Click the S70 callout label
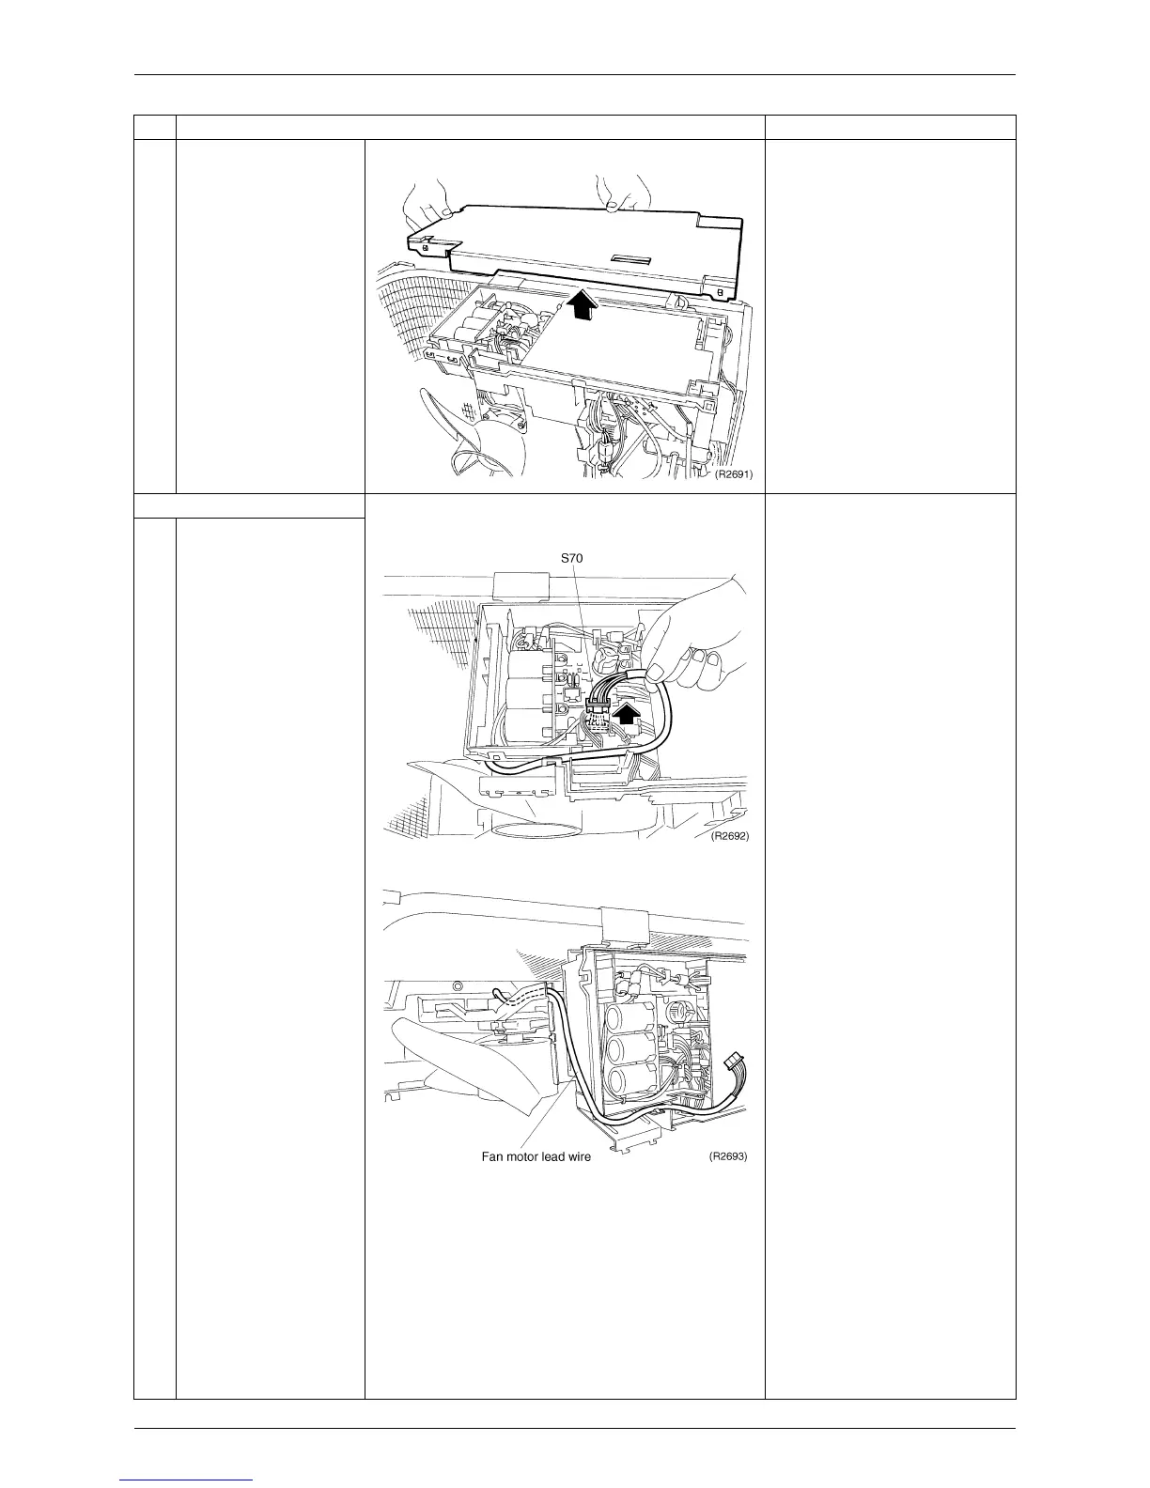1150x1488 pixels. [x=572, y=558]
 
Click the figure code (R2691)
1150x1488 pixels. [x=734, y=473]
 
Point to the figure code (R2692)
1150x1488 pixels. [x=729, y=835]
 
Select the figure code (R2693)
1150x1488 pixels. [x=728, y=1155]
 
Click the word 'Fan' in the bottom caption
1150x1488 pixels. [x=492, y=1156]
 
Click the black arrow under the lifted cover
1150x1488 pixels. [x=582, y=304]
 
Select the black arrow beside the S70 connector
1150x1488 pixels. [x=627, y=717]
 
